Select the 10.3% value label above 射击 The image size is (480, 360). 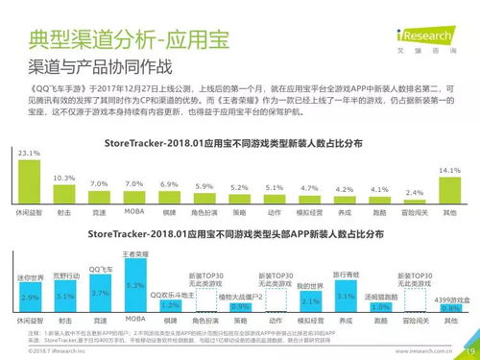(x=64, y=178)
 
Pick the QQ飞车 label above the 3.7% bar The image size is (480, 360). (x=99, y=270)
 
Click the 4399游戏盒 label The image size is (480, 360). (x=448, y=299)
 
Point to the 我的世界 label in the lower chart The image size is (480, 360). (x=310, y=286)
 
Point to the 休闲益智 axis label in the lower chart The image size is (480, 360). (x=29, y=320)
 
